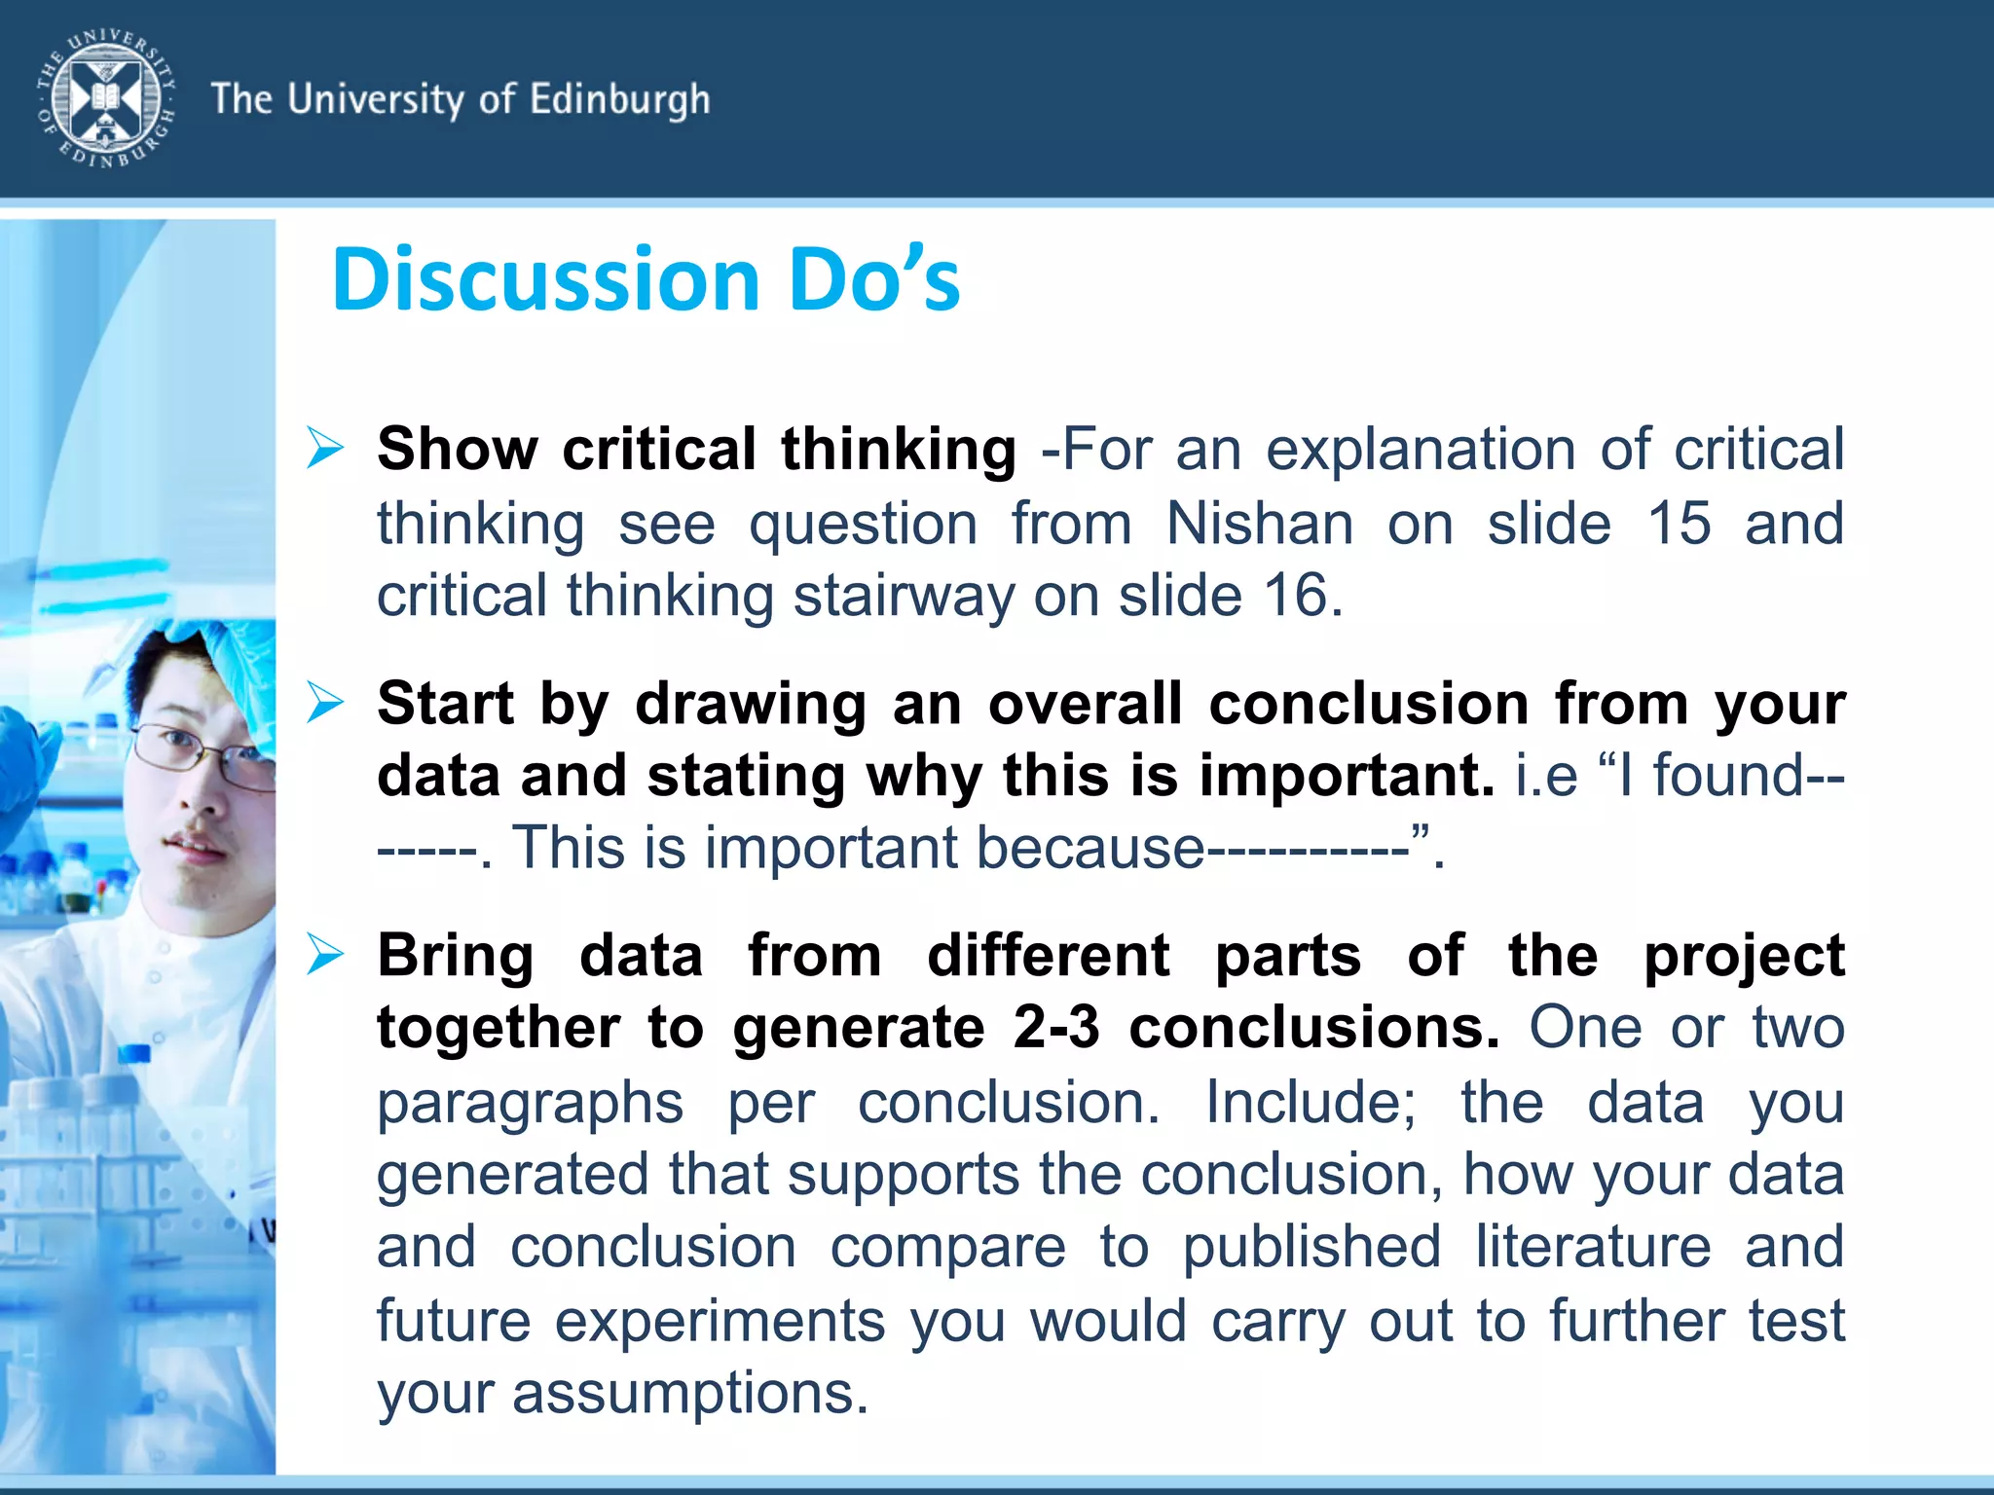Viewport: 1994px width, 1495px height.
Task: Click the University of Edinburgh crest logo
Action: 106,98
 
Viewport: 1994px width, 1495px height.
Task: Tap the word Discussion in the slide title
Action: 545,280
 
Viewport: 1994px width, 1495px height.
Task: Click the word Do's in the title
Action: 873,280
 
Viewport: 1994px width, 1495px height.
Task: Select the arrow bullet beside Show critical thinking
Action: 325,449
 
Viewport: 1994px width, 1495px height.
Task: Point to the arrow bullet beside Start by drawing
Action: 325,703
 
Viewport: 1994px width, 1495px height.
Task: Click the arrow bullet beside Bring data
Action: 325,955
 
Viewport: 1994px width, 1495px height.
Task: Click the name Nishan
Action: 1259,524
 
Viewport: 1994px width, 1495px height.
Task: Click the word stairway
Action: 904,597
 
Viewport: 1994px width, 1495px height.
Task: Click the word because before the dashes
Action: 1089,848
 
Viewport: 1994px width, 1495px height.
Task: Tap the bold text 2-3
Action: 1055,1028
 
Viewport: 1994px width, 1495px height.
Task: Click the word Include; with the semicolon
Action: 1311,1103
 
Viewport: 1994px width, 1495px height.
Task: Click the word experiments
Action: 720,1321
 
